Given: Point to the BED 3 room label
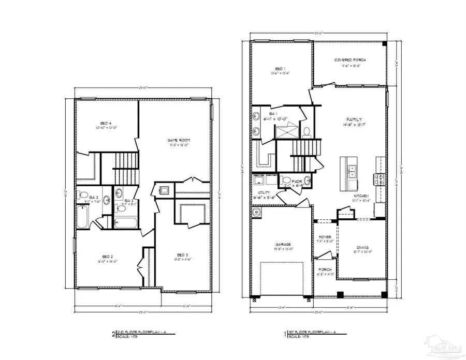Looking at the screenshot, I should [182, 254].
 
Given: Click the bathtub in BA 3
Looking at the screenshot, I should [83, 217].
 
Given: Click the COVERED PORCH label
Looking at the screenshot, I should [350, 60].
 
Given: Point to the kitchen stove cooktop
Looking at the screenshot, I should [377, 179].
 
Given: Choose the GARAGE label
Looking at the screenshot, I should [283, 244].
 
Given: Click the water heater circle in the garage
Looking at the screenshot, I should [256, 212].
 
